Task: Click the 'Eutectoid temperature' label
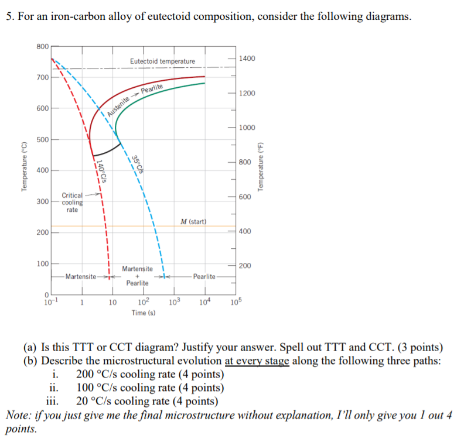point(162,61)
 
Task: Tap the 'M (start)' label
point(193,221)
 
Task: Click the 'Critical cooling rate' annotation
point(72,202)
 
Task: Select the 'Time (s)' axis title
point(143,313)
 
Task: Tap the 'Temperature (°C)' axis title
point(24,167)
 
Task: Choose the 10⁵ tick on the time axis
point(236,302)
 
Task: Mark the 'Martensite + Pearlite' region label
point(138,276)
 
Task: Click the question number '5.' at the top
point(10,17)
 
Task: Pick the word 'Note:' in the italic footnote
point(19,416)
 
